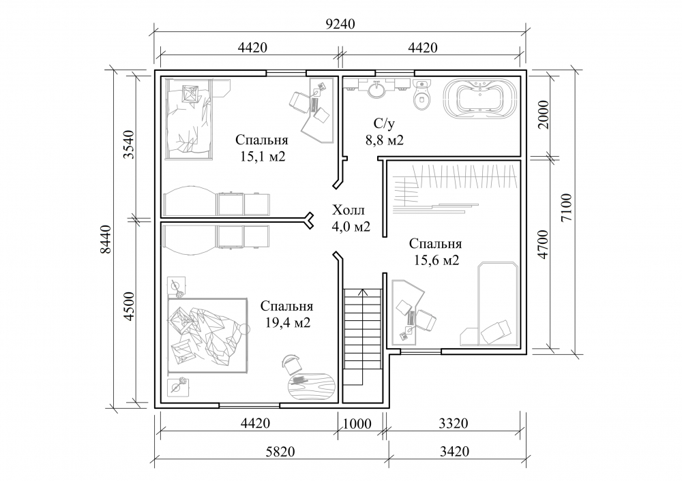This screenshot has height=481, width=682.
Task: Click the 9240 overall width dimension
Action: click(x=340, y=23)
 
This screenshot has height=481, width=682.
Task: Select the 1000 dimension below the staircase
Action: click(x=357, y=423)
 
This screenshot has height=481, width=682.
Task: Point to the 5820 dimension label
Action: click(x=280, y=452)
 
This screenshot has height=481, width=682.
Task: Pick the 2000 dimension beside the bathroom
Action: click(x=544, y=114)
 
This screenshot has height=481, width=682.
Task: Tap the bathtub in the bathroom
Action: click(x=481, y=97)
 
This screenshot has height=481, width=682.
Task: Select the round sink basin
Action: click(x=376, y=90)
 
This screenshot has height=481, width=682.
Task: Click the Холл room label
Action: click(x=349, y=211)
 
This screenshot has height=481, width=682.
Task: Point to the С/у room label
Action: click(x=384, y=124)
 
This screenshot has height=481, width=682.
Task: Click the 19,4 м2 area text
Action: click(x=288, y=322)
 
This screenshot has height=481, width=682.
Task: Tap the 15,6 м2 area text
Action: click(x=436, y=260)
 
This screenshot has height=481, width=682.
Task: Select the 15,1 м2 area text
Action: click(x=263, y=157)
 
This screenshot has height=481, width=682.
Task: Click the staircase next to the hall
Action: click(x=362, y=337)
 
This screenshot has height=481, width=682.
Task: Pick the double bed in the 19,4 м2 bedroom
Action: click(x=208, y=335)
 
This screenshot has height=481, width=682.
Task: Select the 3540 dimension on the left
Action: click(x=129, y=144)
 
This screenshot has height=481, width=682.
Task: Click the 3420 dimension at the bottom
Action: click(x=454, y=452)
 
